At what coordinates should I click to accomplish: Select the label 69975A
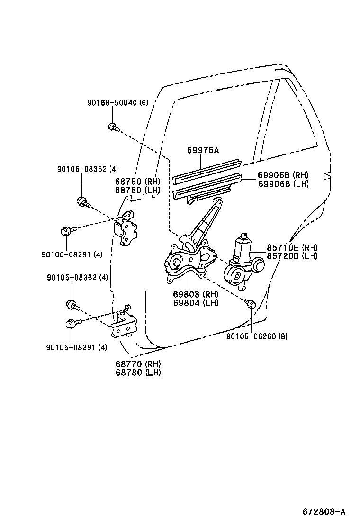click(x=202, y=150)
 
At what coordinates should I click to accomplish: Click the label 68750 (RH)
click(x=137, y=182)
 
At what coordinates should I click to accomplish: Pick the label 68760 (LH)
click(x=137, y=190)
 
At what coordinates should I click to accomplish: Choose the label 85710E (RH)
click(x=292, y=248)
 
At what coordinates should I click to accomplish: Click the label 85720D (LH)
click(x=292, y=256)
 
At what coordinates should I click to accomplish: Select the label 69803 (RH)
click(x=196, y=295)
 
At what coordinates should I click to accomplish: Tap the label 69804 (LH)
click(x=196, y=303)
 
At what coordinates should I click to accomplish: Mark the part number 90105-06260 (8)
click(x=257, y=336)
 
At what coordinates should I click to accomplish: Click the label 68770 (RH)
click(x=138, y=364)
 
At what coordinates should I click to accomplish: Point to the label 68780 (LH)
click(x=138, y=373)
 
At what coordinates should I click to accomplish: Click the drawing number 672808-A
click(x=324, y=512)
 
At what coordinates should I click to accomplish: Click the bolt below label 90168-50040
click(x=113, y=127)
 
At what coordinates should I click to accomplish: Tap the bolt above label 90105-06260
click(x=251, y=303)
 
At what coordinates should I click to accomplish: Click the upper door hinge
click(x=127, y=230)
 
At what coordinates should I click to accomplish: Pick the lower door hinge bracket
click(x=124, y=323)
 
